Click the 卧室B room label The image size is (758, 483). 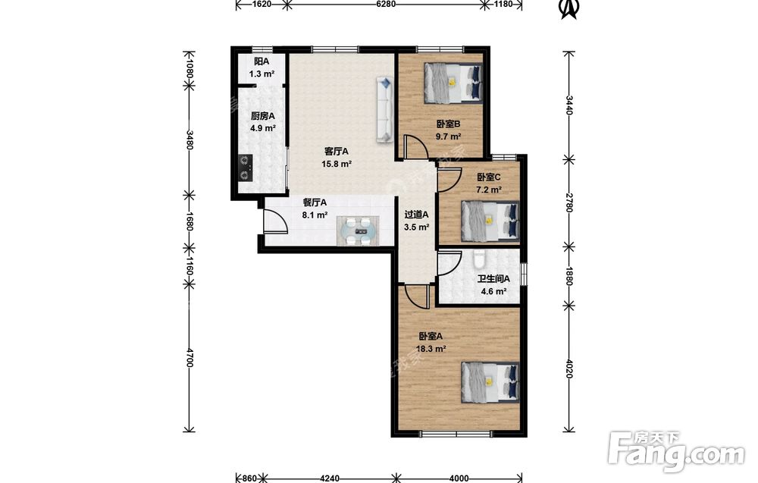tap(448, 124)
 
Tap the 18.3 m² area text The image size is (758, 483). tap(431, 349)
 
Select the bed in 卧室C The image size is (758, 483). tap(490, 221)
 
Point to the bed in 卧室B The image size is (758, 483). tap(453, 83)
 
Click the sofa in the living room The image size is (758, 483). tap(385, 110)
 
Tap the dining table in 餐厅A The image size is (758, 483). tap(359, 231)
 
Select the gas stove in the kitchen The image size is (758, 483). tap(246, 168)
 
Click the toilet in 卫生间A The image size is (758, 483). tap(479, 259)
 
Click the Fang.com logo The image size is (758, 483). tap(677, 452)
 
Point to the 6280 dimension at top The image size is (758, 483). tap(386, 4)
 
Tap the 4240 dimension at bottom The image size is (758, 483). tap(330, 478)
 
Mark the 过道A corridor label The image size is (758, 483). tap(417, 214)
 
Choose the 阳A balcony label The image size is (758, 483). tap(262, 61)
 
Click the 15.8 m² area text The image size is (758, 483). tap(337, 164)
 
